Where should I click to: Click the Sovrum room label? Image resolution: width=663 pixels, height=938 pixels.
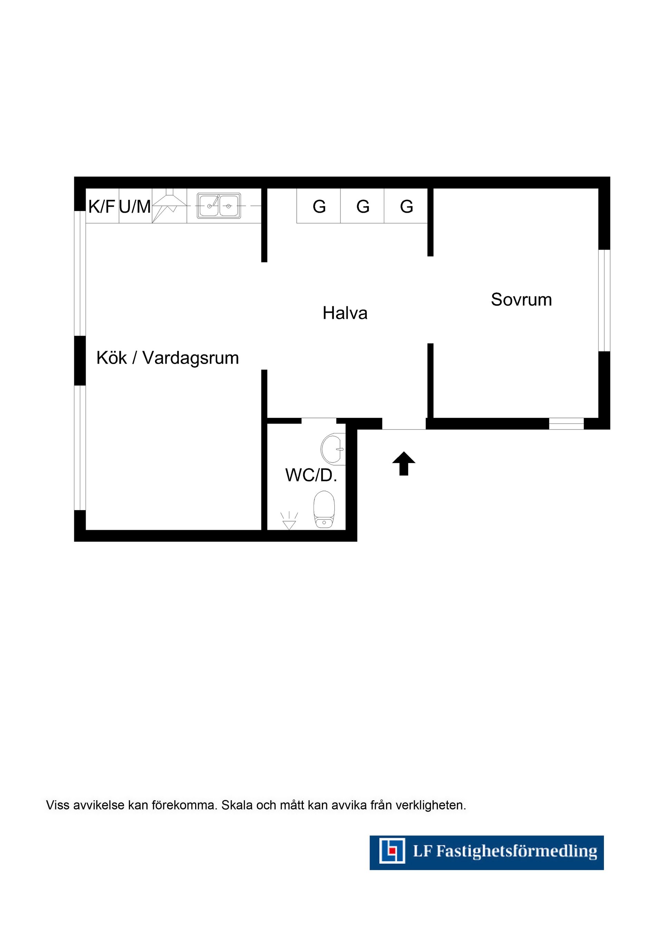click(521, 299)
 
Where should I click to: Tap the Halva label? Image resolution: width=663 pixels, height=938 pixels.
click(345, 313)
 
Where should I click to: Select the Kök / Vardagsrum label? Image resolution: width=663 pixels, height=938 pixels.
click(167, 358)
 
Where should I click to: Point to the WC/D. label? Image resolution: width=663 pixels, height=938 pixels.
click(311, 475)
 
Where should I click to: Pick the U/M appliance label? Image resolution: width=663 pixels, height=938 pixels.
click(135, 207)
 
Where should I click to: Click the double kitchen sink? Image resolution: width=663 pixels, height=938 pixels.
click(219, 206)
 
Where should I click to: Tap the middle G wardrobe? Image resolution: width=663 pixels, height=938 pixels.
click(363, 206)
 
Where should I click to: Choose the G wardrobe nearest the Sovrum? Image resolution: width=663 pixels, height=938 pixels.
click(406, 206)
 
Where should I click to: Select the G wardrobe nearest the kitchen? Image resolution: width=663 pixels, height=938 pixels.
click(319, 206)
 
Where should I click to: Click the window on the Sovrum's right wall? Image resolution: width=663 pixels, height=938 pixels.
click(604, 300)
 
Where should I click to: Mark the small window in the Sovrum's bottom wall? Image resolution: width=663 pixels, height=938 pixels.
click(566, 424)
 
